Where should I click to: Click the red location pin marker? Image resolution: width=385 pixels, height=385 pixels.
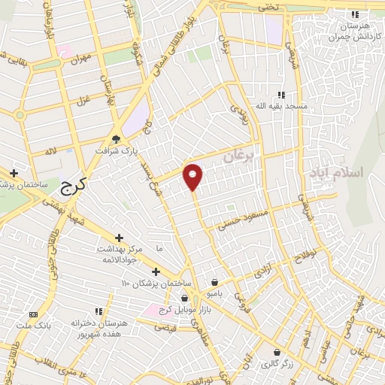pyautogui.click(x=193, y=177)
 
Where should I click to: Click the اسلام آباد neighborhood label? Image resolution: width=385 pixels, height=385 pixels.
pyautogui.click(x=335, y=172)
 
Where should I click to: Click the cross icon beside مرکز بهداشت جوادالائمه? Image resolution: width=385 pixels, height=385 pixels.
pyautogui.click(x=119, y=238)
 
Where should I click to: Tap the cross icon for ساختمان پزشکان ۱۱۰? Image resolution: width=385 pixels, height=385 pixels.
pyautogui.click(x=156, y=271)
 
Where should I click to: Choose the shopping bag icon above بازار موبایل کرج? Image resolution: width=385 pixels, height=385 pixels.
pyautogui.click(x=184, y=299)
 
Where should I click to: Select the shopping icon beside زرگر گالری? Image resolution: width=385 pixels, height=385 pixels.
pyautogui.click(x=277, y=351)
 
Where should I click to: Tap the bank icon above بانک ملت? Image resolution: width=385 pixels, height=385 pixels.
pyautogui.click(x=32, y=314)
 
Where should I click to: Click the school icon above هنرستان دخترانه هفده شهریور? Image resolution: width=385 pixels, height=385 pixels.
pyautogui.click(x=98, y=311)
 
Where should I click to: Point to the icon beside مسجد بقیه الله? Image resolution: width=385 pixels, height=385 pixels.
pyautogui.click(x=280, y=95)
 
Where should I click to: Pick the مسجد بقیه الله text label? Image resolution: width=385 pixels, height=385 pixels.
pyautogui.click(x=282, y=107)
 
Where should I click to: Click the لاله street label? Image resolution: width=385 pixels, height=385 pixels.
pyautogui.click(x=52, y=152)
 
